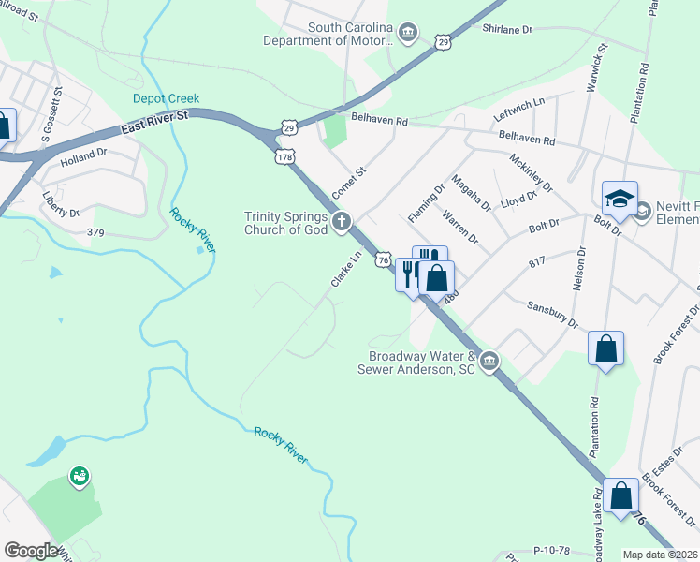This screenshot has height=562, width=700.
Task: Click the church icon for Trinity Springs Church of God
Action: click(343, 222)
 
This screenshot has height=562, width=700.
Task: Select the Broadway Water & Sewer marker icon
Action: click(489, 361)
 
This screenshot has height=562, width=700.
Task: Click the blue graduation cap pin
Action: click(620, 199)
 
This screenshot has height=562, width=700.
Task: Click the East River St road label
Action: click(155, 123)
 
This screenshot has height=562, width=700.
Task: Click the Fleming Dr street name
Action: click(426, 203)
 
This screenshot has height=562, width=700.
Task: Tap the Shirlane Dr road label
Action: click(506, 29)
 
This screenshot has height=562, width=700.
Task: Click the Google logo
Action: click(31, 550)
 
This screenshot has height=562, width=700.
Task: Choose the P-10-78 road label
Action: click(552, 551)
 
